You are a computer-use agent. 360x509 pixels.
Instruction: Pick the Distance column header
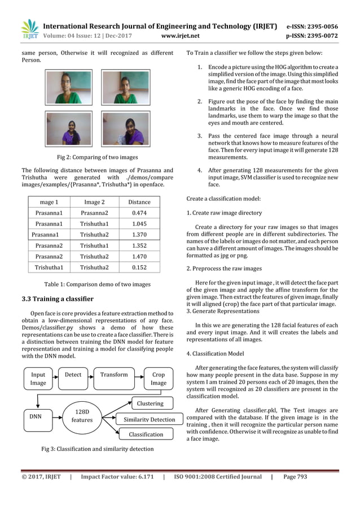[x=139, y=202]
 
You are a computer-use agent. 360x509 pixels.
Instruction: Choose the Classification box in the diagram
[x=146, y=434]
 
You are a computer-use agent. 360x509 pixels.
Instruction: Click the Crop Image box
[x=158, y=378]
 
